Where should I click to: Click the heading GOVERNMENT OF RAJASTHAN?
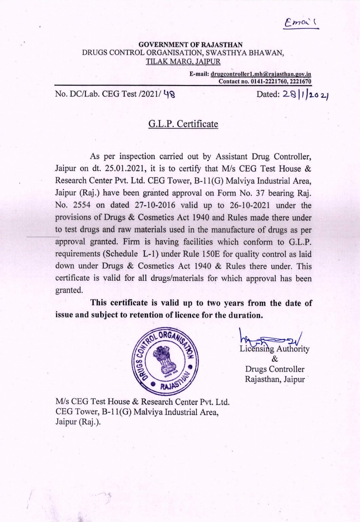191,45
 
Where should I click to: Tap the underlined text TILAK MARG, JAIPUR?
183,62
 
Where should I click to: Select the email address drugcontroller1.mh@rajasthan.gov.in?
261,74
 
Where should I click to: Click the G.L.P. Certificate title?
183,124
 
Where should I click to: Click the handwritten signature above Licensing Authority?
271,336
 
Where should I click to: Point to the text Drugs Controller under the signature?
275,369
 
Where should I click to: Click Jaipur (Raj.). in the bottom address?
78,422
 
